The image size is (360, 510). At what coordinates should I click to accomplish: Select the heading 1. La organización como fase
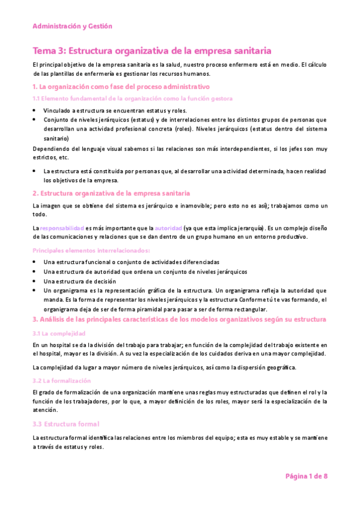coord(121,87)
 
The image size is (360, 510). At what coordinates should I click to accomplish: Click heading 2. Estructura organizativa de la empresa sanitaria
coord(111,193)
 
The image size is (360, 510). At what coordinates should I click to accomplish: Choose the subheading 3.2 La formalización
coord(62,381)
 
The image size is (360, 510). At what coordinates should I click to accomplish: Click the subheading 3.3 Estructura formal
coord(66,424)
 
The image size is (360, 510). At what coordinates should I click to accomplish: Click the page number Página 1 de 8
coord(306,476)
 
